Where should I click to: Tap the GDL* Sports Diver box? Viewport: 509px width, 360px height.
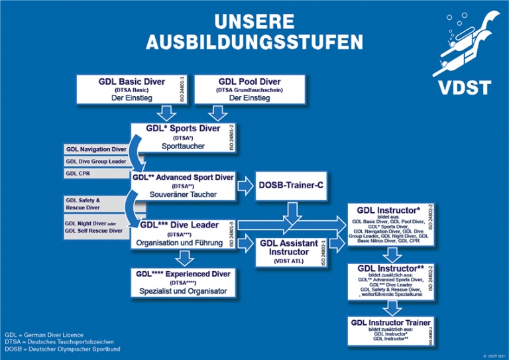pyautogui.click(x=182, y=137)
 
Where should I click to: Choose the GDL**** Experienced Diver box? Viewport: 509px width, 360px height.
pyautogui.click(x=183, y=282)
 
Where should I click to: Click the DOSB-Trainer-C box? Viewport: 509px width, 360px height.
pyautogui.click(x=291, y=185)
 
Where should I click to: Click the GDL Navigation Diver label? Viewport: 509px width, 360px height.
pyautogui.click(x=96, y=149)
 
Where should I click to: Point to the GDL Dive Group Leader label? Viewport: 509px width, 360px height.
pyautogui.click(x=96, y=161)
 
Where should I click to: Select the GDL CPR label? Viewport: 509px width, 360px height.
pyautogui.click(x=96, y=173)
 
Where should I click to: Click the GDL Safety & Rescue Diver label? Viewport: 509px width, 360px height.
pyautogui.click(x=96, y=203)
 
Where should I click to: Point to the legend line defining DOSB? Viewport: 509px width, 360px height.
pyautogui.click(x=62, y=349)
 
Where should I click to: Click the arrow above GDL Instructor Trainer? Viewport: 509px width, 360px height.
pyautogui.click(x=391, y=307)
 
